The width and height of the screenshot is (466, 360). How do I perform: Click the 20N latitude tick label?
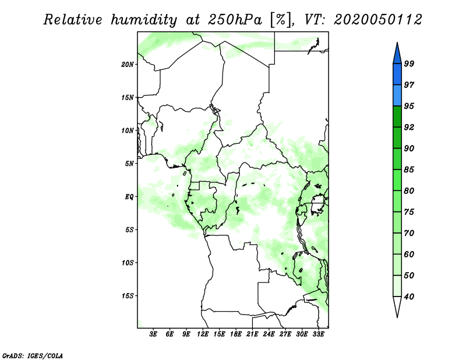coord(128,65)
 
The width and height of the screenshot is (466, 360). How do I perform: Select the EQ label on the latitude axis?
coord(129,197)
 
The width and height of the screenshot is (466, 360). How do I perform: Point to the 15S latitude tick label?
coord(128,296)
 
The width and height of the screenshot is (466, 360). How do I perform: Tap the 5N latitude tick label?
coord(129,164)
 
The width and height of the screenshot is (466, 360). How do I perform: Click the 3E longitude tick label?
coord(153,334)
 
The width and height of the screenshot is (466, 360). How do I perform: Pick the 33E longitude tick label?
coord(318,334)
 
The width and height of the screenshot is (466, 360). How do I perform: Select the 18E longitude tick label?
coord(236,334)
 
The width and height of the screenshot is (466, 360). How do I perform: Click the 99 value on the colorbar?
coord(409,63)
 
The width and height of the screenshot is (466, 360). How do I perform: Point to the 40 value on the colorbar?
coord(409,297)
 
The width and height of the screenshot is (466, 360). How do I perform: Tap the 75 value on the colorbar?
coord(409,212)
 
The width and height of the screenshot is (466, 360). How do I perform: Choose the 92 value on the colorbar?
coord(409,127)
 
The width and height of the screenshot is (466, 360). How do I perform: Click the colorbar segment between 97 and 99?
coord(397,75)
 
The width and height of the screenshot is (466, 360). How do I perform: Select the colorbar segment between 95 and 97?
coord(397,96)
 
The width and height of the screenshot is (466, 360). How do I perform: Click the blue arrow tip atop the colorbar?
coord(397,43)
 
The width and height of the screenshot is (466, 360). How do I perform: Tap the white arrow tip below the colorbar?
coord(397,317)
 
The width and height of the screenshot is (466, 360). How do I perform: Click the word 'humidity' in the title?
coord(144,20)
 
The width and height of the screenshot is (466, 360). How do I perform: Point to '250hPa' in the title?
coord(235,20)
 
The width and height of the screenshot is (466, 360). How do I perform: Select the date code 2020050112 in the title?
coord(377,20)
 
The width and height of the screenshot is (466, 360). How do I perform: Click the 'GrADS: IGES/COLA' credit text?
coord(33,356)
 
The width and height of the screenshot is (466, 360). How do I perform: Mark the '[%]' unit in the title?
coord(281,20)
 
